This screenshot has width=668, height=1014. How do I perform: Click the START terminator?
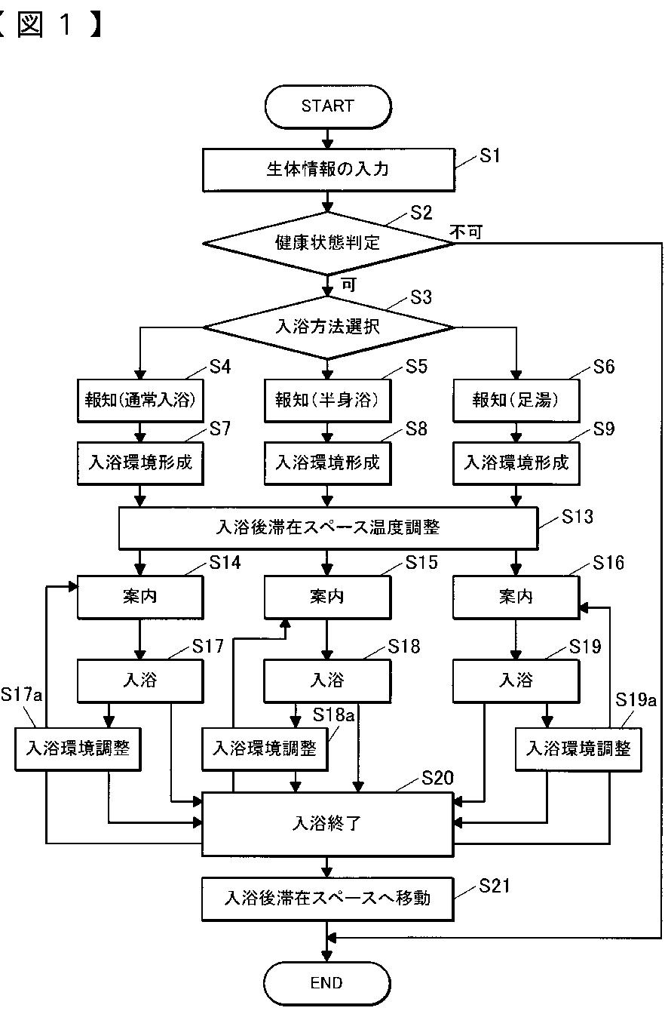[x=328, y=106]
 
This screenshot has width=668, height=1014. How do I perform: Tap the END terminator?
[x=326, y=983]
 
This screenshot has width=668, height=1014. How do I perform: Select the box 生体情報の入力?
[x=329, y=170]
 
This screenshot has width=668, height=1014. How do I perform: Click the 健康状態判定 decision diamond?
[x=329, y=244]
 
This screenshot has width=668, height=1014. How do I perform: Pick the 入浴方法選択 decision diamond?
[x=329, y=327]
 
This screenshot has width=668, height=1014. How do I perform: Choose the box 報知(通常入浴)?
[x=140, y=401]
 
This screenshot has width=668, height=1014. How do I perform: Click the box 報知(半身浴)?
[x=327, y=401]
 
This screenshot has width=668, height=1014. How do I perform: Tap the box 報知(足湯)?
[x=516, y=401]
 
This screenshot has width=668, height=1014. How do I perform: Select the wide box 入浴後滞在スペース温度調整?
[x=329, y=528]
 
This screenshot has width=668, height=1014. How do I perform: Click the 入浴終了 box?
[x=327, y=824]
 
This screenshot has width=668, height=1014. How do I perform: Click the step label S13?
[x=577, y=517]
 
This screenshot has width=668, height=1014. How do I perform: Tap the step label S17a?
[x=21, y=694]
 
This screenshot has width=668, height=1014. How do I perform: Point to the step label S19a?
[x=636, y=700]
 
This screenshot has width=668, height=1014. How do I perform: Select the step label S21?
[x=495, y=886]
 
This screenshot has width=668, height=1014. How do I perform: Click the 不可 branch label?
[x=466, y=232]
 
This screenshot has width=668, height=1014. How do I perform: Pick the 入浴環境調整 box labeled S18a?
[x=265, y=748]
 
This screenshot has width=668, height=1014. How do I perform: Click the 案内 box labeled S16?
[x=516, y=597]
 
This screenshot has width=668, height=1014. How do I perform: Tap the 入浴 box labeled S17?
[x=140, y=681]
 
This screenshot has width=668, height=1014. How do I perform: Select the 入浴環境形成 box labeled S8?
[x=327, y=463]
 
